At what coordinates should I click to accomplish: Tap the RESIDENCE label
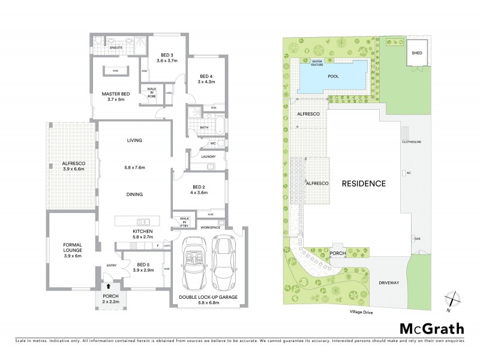(x=364, y=184)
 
